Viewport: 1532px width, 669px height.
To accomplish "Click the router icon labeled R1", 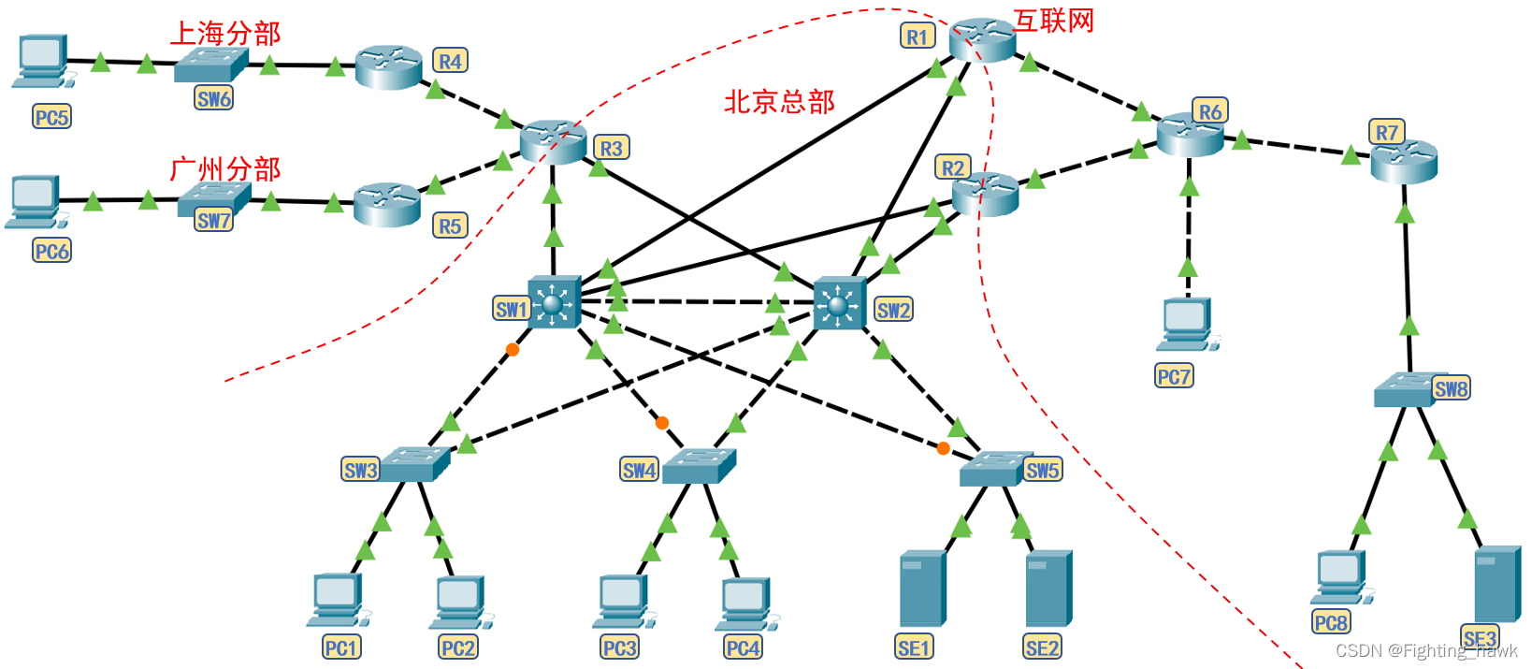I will [x=982, y=39].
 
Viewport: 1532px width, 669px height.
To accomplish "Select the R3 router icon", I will [x=553, y=141].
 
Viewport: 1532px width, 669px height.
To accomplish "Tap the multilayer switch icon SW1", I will [x=554, y=302].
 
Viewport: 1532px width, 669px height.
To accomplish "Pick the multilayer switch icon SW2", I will [x=839, y=303].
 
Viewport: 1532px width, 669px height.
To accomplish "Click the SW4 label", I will [x=639, y=470].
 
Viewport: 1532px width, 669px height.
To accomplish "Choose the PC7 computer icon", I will [x=1186, y=324].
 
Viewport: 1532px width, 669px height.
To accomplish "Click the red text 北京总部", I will [x=779, y=101].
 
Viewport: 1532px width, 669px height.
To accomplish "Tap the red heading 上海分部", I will [x=224, y=34].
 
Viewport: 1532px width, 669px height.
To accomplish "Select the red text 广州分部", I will [x=224, y=169].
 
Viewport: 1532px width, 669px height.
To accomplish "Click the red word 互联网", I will [x=1054, y=21].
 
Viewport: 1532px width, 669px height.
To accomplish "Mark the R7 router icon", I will [x=1403, y=161].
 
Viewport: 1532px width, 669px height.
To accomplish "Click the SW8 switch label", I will [x=1451, y=388].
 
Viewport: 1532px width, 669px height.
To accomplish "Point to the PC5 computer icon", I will [x=41, y=62].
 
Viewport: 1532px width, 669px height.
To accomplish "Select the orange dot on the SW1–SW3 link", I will [x=513, y=350].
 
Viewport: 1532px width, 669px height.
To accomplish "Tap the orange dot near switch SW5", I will [x=943, y=448].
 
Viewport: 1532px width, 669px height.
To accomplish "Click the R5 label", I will [x=450, y=225].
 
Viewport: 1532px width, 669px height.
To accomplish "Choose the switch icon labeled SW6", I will [x=210, y=65].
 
